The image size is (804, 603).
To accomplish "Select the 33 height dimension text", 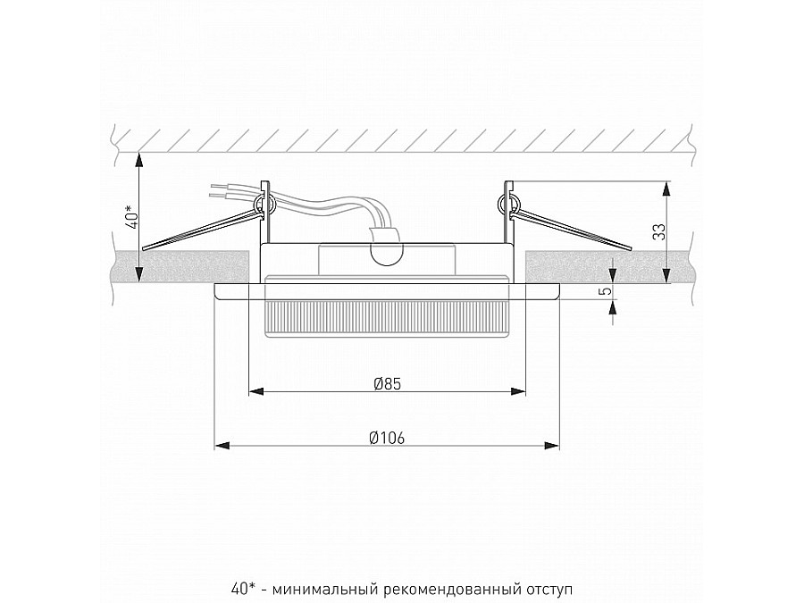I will [658, 231].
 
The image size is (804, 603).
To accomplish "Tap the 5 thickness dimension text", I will [605, 290].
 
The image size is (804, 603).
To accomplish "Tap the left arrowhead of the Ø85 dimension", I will [253, 390].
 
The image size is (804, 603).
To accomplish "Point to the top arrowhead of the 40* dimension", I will [138, 158].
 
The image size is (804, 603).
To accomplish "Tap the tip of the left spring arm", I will [145, 247].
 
